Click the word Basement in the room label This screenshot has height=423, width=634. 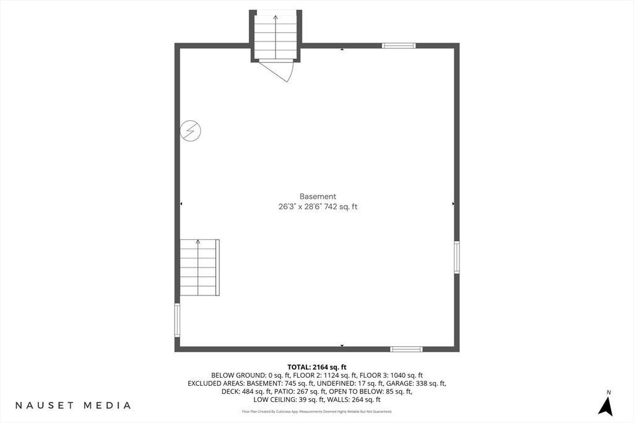tap(318, 196)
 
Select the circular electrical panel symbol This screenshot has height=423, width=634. tap(190, 131)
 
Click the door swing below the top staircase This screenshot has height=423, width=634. tap(277, 70)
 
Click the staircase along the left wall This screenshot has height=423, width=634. tap(199, 268)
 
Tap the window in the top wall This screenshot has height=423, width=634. tap(399, 46)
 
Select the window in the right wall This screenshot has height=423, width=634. tap(456, 257)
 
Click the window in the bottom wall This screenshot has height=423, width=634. tap(406, 349)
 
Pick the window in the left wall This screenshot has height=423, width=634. tap(177, 320)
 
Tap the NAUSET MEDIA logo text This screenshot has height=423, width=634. tap(73, 405)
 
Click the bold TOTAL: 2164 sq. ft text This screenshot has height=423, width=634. tap(317, 367)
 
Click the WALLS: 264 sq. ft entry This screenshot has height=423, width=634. tap(354, 399)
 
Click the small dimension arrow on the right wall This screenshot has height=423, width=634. tap(453, 204)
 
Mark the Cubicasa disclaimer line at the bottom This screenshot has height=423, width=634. tap(317, 412)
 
